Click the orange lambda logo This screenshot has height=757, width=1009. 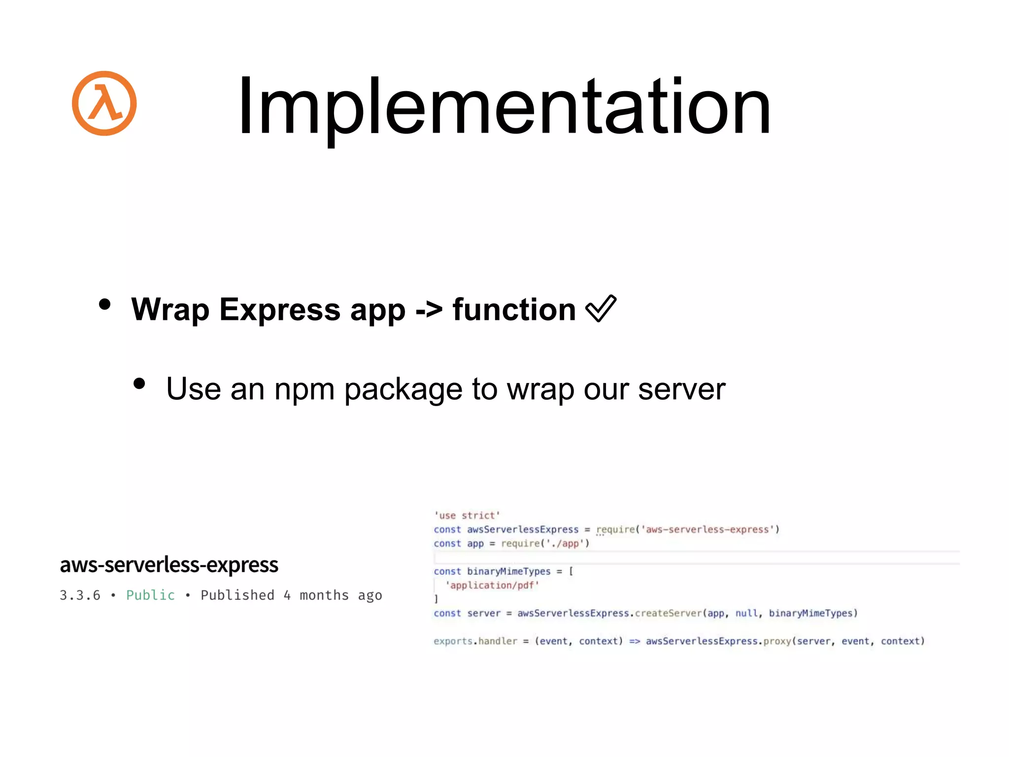pos(104,103)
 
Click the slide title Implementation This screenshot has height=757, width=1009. pos(504,106)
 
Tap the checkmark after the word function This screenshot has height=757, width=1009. pos(601,309)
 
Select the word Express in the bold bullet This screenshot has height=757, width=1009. pos(280,310)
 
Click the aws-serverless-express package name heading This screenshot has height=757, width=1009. pos(169,565)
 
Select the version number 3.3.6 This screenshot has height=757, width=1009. pos(80,595)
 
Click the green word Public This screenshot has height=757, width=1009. pos(150,595)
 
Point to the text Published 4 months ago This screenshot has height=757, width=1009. pos(291,595)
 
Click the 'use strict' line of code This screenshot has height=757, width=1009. pos(467,516)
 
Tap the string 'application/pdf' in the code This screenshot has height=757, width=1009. pos(492,585)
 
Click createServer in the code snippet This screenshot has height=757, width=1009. pos(668,614)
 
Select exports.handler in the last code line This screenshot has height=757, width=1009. pos(475,641)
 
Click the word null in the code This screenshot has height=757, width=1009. pos(746,614)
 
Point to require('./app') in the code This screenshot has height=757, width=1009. pos(545,544)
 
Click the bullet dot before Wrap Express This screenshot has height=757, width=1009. pos(104,304)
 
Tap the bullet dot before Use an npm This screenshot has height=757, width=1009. pos(139,383)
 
